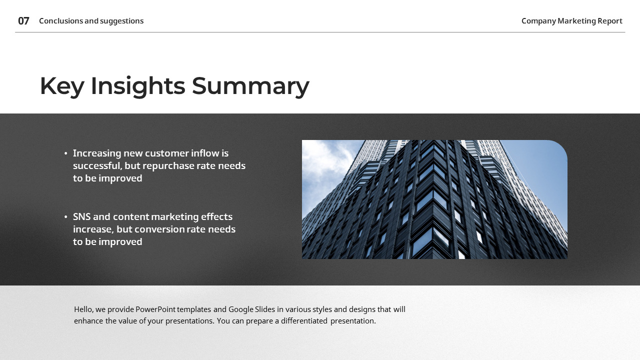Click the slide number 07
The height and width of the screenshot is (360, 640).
coord(23,21)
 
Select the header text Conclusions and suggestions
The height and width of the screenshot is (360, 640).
coord(91,21)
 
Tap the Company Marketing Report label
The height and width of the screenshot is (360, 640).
coord(571,21)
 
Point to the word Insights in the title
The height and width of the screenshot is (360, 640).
coord(137,86)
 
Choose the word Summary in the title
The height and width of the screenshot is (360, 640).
coord(250,86)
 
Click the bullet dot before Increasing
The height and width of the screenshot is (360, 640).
coord(66,153)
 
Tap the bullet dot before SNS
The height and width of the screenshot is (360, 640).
coord(66,217)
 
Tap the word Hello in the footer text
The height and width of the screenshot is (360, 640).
coord(83,309)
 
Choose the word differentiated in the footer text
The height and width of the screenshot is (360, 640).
coord(304,321)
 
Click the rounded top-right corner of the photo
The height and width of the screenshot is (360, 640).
coord(560,147)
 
